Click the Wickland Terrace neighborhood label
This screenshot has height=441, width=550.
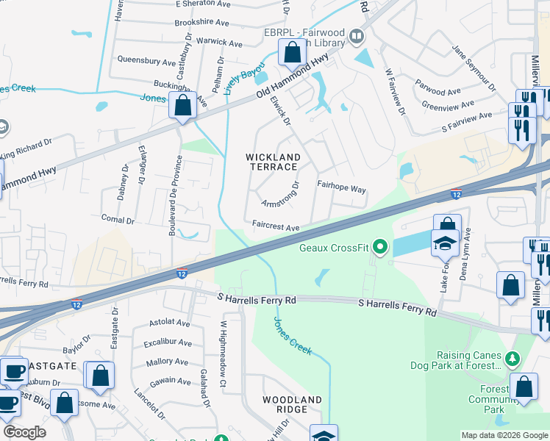tap(273, 162)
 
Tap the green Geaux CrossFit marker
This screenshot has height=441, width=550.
tap(380, 247)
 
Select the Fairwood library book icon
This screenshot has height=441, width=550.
tap(357, 35)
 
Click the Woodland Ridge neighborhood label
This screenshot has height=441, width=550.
tap(293, 404)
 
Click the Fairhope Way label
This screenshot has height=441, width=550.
tap(341, 189)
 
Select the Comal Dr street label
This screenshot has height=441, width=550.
tap(118, 220)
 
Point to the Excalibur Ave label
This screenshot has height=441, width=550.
tap(168, 343)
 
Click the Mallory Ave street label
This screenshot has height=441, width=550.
tap(168, 362)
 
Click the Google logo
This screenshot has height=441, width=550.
tap(24, 432)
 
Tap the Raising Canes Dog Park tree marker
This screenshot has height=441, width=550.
tap(513, 359)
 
